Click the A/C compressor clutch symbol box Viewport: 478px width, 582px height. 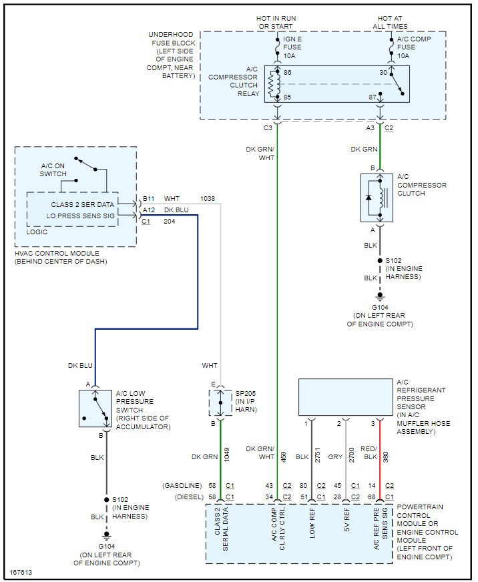click(x=377, y=198)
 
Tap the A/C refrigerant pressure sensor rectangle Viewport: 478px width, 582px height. click(x=345, y=397)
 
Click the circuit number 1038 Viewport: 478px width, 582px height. click(x=208, y=199)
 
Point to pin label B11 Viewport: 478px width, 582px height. click(x=148, y=199)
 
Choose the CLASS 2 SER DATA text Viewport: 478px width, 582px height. click(x=83, y=204)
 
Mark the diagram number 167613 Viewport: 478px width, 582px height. click(x=21, y=573)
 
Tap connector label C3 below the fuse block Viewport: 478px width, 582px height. click(x=268, y=126)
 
